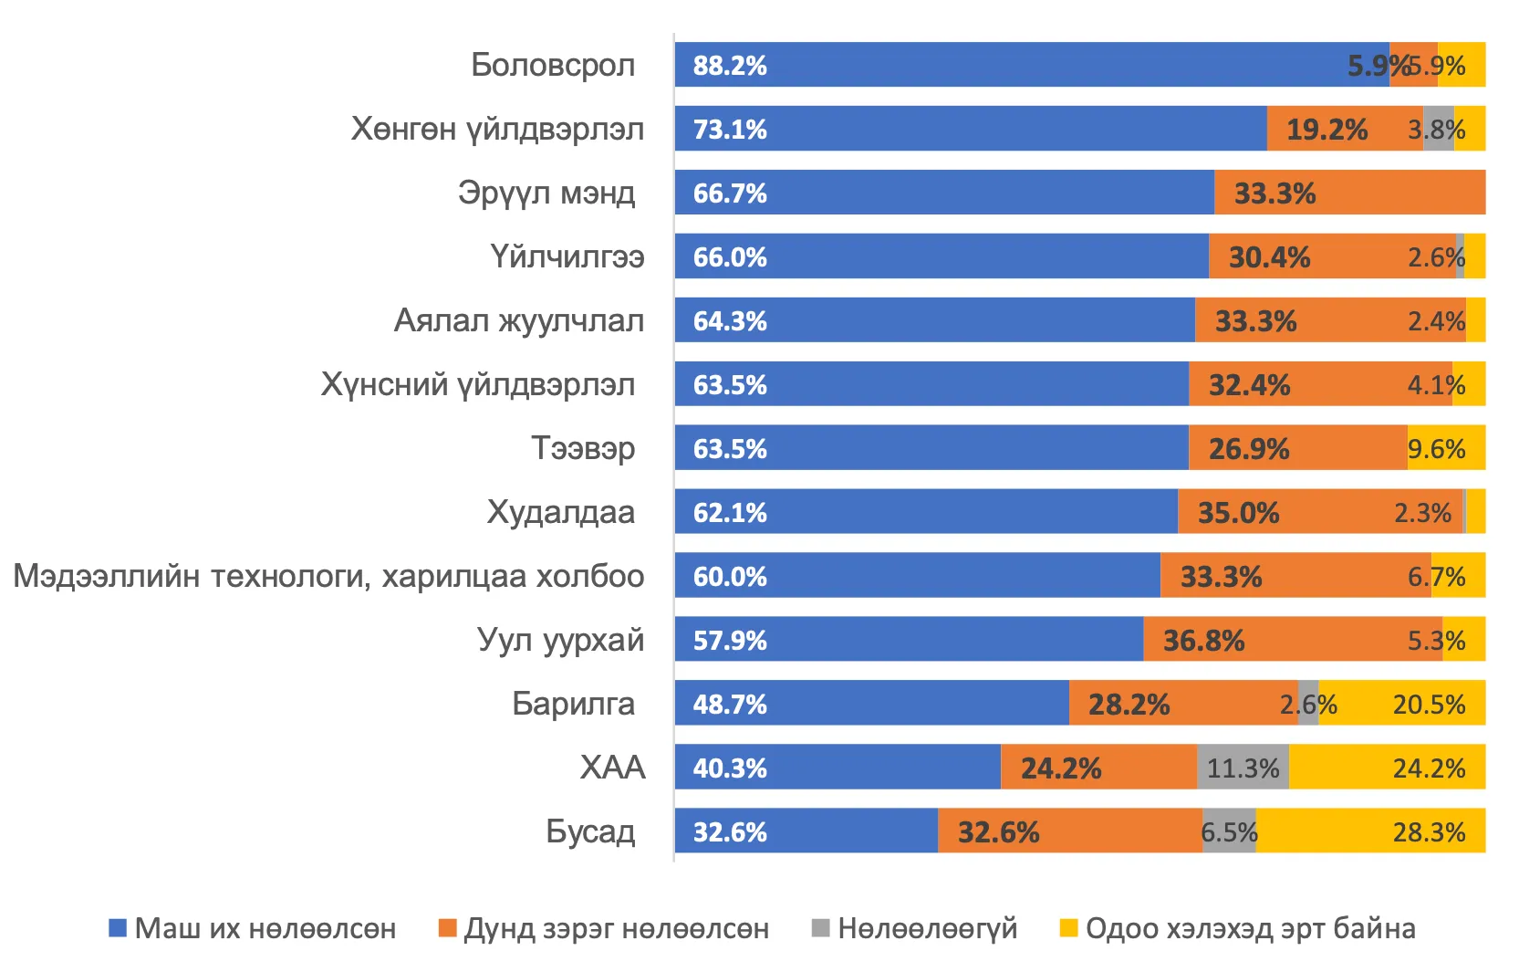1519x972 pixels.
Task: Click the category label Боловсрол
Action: tap(553, 65)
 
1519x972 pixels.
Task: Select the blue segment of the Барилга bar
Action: tap(872, 703)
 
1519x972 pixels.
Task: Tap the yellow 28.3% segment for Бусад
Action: tap(1370, 831)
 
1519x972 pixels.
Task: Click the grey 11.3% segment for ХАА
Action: tap(1243, 767)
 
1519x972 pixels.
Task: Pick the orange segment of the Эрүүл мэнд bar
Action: tap(1350, 192)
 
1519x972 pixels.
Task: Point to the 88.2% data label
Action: tap(730, 66)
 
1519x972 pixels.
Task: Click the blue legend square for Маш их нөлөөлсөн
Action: tap(118, 928)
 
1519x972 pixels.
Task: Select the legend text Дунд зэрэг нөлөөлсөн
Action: tap(617, 928)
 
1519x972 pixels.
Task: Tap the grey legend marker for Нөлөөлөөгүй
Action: tap(820, 928)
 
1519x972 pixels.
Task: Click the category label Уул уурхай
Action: tap(561, 640)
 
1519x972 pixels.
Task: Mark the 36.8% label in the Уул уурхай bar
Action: tap(1203, 641)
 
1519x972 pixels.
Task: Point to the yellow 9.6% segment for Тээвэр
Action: tap(1446, 447)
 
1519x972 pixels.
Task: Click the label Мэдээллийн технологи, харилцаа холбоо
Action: tap(329, 576)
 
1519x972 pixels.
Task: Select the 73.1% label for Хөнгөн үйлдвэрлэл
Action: tap(730, 130)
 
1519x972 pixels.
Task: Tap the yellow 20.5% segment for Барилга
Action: tap(1402, 703)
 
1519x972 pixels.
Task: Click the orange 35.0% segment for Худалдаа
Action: tap(1320, 511)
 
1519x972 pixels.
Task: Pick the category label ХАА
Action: tap(612, 768)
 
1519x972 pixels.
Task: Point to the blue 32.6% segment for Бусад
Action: tap(806, 831)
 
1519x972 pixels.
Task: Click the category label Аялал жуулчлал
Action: tap(519, 320)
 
